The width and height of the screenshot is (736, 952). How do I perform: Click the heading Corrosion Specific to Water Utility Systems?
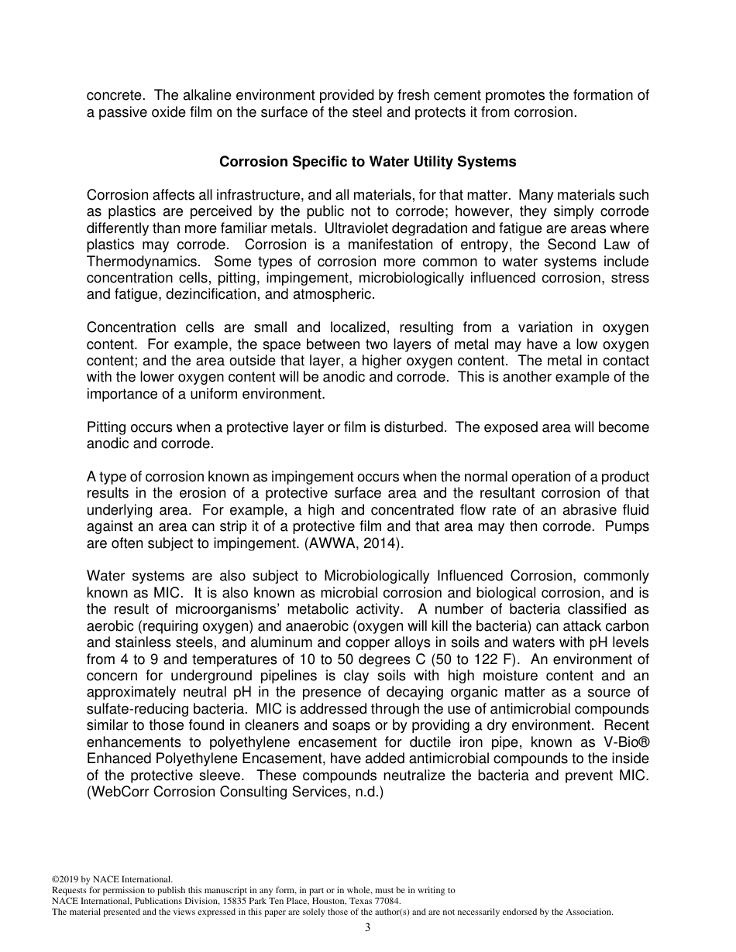[x=367, y=163]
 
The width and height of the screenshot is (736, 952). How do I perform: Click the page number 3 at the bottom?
[x=368, y=928]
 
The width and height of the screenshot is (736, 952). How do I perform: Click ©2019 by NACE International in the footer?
[x=111, y=879]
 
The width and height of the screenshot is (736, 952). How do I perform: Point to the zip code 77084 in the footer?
[x=387, y=901]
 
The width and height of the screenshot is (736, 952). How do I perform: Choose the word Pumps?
[x=628, y=527]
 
